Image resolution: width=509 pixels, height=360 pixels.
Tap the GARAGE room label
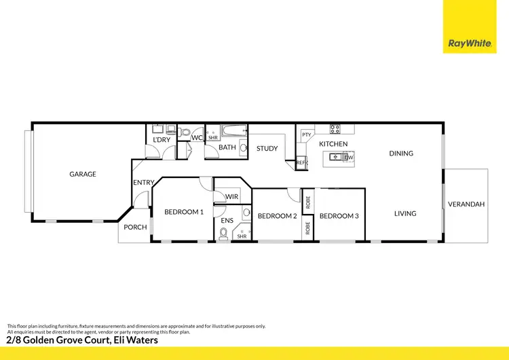[83, 174]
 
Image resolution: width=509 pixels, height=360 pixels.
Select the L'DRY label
[161, 140]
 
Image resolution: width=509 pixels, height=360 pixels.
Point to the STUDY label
[267, 148]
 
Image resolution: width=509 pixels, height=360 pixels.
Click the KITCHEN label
[333, 144]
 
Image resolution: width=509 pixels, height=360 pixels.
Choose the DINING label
[401, 154]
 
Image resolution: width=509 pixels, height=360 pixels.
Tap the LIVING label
[405, 213]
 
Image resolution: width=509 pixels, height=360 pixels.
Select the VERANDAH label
[466, 204]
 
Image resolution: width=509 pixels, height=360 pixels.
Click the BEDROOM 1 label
[184, 212]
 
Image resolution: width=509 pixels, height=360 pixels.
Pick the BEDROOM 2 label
[277, 216]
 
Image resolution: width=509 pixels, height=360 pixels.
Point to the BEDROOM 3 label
[339, 216]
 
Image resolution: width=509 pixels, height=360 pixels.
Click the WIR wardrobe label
[231, 196]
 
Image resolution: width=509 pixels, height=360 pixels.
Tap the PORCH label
[135, 227]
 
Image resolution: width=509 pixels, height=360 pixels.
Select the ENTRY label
[143, 182]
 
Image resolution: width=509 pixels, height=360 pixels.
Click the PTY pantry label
[307, 134]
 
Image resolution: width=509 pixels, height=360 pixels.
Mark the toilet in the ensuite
[223, 236]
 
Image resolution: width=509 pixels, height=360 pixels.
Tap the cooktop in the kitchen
[335, 128]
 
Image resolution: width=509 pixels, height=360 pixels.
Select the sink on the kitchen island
[335, 158]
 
